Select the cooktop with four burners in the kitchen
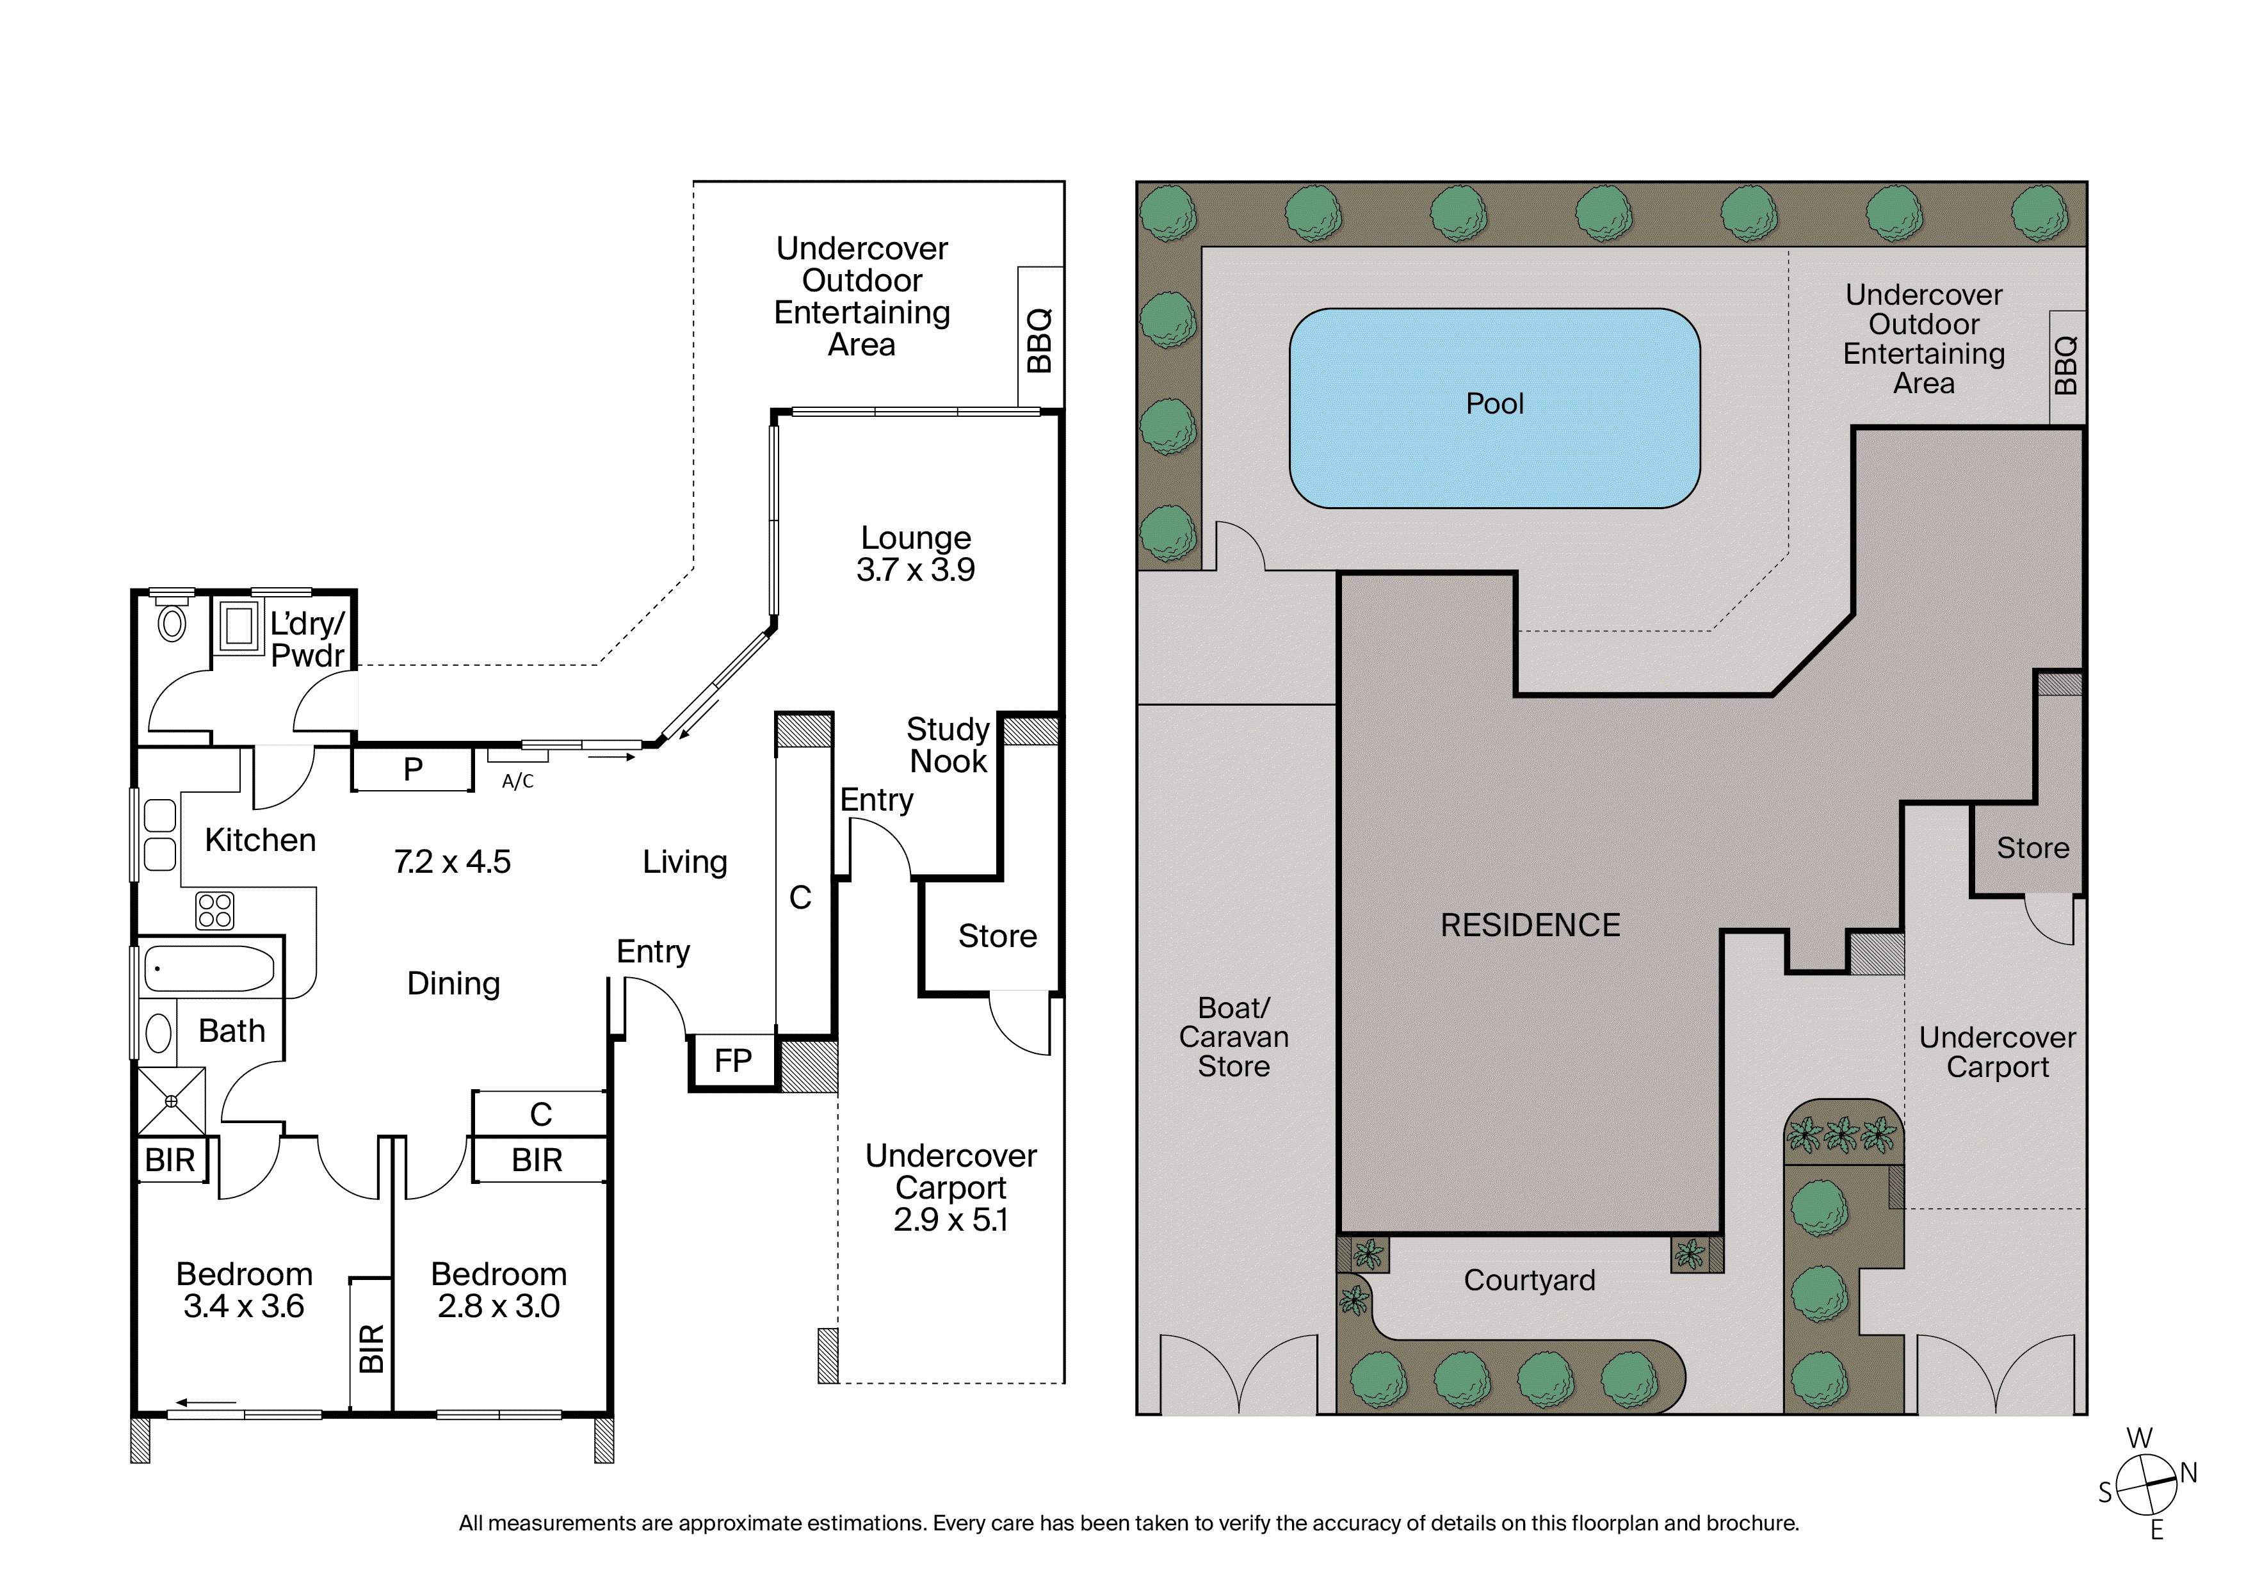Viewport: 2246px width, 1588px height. click(214, 910)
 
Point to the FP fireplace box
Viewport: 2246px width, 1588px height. click(732, 1062)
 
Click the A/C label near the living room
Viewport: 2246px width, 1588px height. click(517, 781)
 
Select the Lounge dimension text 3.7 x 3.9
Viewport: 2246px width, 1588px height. click(915, 569)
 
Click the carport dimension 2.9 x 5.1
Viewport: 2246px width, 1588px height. click(950, 1219)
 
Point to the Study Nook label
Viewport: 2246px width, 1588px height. click(948, 745)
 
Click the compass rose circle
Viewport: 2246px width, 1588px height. click(2146, 1484)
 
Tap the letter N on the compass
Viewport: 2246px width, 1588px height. click(2188, 1473)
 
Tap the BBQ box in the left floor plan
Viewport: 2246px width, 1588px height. click(1040, 337)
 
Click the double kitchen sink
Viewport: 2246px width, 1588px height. click(159, 834)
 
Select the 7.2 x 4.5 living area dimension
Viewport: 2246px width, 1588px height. click(452, 862)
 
